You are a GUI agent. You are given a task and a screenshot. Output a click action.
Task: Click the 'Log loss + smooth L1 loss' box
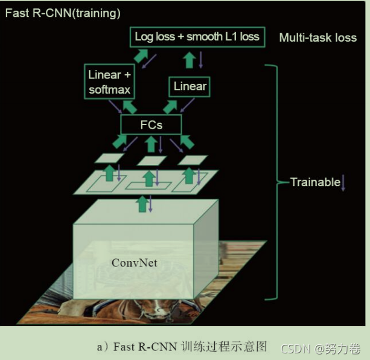tap(196, 37)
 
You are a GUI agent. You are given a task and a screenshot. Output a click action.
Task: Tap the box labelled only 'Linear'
tap(190, 86)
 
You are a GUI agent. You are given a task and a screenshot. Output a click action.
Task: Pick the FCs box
tap(150, 125)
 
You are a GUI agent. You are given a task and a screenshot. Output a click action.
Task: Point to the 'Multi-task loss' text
tap(317, 37)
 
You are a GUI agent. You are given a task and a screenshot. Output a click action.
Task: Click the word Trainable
tap(315, 182)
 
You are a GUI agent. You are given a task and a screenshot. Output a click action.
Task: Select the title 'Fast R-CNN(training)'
tap(63, 13)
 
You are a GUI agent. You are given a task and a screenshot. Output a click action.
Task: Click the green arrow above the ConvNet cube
tap(142, 204)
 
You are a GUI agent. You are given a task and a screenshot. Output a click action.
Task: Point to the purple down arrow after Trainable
tap(343, 182)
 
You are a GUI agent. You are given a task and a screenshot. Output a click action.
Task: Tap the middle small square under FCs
tap(151, 160)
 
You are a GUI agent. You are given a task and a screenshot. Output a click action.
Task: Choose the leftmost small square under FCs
tap(109, 158)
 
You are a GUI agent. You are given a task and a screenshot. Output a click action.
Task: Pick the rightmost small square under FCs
tap(193, 159)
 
